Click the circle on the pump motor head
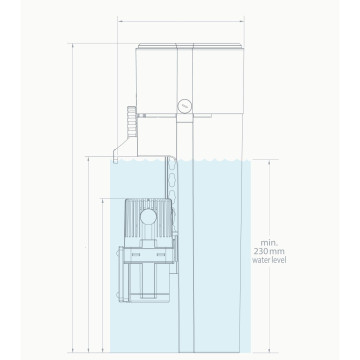pos(147,216)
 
